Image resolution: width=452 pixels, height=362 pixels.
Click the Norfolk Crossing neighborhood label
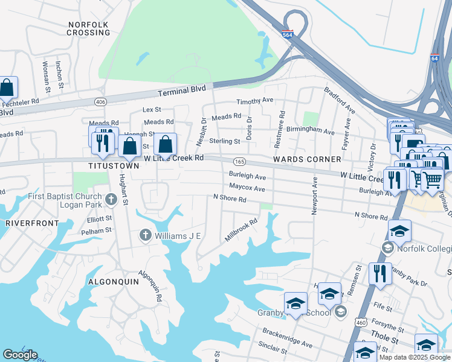tap(88, 30)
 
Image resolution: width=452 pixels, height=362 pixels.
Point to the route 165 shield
tap(239, 162)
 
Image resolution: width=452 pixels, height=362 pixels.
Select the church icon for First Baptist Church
tap(111, 198)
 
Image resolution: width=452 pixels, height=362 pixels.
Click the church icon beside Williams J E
tap(145, 235)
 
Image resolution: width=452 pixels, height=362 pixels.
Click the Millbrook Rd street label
tap(241, 230)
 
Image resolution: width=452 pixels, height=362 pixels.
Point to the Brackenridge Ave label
tap(287, 338)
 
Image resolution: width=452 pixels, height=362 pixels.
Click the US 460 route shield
tap(361, 324)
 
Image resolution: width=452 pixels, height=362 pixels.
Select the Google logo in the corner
tap(20, 355)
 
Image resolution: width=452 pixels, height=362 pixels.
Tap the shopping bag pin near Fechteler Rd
tap(7, 88)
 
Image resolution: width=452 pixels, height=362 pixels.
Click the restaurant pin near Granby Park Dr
tap(380, 273)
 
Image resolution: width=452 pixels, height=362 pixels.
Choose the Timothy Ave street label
tap(254, 101)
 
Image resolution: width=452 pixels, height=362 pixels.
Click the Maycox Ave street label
tap(247, 188)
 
